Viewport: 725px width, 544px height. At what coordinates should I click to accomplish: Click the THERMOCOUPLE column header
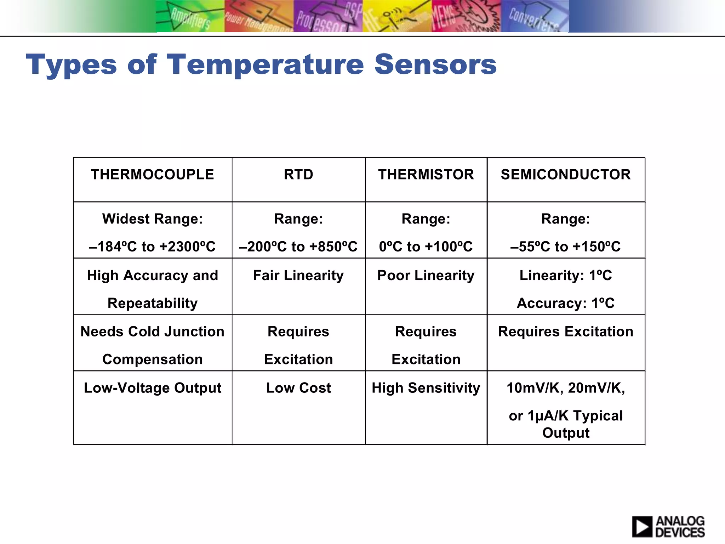(x=152, y=175)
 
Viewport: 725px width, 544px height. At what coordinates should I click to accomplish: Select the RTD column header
(x=298, y=175)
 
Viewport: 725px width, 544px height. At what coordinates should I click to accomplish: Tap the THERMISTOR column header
(x=426, y=175)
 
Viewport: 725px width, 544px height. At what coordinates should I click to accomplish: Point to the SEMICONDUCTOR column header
(x=566, y=175)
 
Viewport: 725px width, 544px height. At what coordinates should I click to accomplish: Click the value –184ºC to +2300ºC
(x=152, y=246)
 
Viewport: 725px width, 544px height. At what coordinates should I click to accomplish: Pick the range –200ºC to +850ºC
(x=298, y=246)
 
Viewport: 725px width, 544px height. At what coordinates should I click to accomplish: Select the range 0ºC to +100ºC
(x=426, y=246)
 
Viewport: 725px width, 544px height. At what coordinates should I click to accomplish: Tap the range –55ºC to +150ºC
(x=566, y=246)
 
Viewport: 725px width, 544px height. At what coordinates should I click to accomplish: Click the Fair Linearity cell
(x=298, y=276)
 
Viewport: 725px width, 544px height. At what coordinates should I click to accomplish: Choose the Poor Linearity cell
(x=426, y=276)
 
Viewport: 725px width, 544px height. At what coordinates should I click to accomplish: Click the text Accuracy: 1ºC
(x=566, y=303)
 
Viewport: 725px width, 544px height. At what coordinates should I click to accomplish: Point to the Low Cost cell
(x=298, y=388)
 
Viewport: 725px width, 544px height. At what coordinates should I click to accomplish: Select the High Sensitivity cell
(x=426, y=388)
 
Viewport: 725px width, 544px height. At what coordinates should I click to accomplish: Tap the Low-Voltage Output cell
(x=152, y=388)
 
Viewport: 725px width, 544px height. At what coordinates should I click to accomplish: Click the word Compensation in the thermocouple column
(x=152, y=359)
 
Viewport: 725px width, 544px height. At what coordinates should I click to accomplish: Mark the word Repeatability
(x=152, y=303)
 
